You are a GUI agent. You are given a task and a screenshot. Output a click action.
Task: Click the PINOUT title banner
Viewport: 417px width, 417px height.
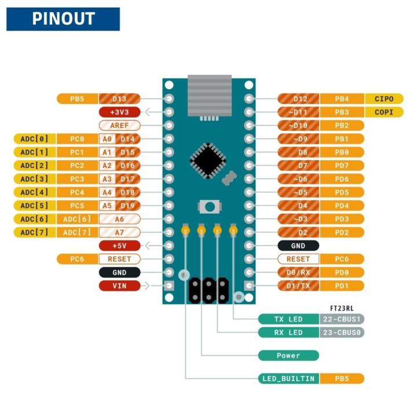[x=63, y=19]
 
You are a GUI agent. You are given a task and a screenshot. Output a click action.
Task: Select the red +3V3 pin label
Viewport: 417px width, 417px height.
[x=120, y=112]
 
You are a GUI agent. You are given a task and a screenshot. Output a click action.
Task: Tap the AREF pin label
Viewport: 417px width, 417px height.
[x=120, y=125]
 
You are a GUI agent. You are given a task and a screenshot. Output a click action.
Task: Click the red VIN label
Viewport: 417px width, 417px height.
[x=120, y=286]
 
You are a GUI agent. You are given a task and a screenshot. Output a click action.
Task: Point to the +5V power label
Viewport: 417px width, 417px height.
[x=120, y=246]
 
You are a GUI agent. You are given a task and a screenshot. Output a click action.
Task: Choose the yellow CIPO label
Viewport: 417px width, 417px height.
[x=384, y=98]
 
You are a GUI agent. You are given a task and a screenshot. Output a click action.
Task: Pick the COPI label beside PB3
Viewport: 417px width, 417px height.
[x=384, y=112]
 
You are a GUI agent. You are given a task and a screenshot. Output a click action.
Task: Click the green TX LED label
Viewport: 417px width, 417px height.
[x=288, y=319]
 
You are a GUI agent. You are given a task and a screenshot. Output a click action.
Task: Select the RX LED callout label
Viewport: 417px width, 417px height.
[x=288, y=332]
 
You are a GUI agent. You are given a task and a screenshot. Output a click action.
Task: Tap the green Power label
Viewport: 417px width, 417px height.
[x=288, y=355]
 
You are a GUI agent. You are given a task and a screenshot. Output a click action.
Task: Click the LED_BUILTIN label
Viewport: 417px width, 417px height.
[x=288, y=379]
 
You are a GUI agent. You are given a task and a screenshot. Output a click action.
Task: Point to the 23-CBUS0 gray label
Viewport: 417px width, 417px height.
[x=342, y=332]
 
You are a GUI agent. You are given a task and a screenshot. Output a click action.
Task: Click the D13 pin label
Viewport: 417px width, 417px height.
[x=120, y=98]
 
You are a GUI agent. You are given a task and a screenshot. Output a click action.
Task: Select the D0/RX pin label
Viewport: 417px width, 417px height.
[x=298, y=272]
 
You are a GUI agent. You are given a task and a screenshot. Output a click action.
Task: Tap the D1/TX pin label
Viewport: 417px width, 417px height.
[x=298, y=286]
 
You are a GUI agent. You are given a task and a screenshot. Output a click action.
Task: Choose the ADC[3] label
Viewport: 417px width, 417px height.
[x=34, y=179]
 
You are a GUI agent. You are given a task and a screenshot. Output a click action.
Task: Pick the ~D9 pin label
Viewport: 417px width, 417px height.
[x=298, y=138]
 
